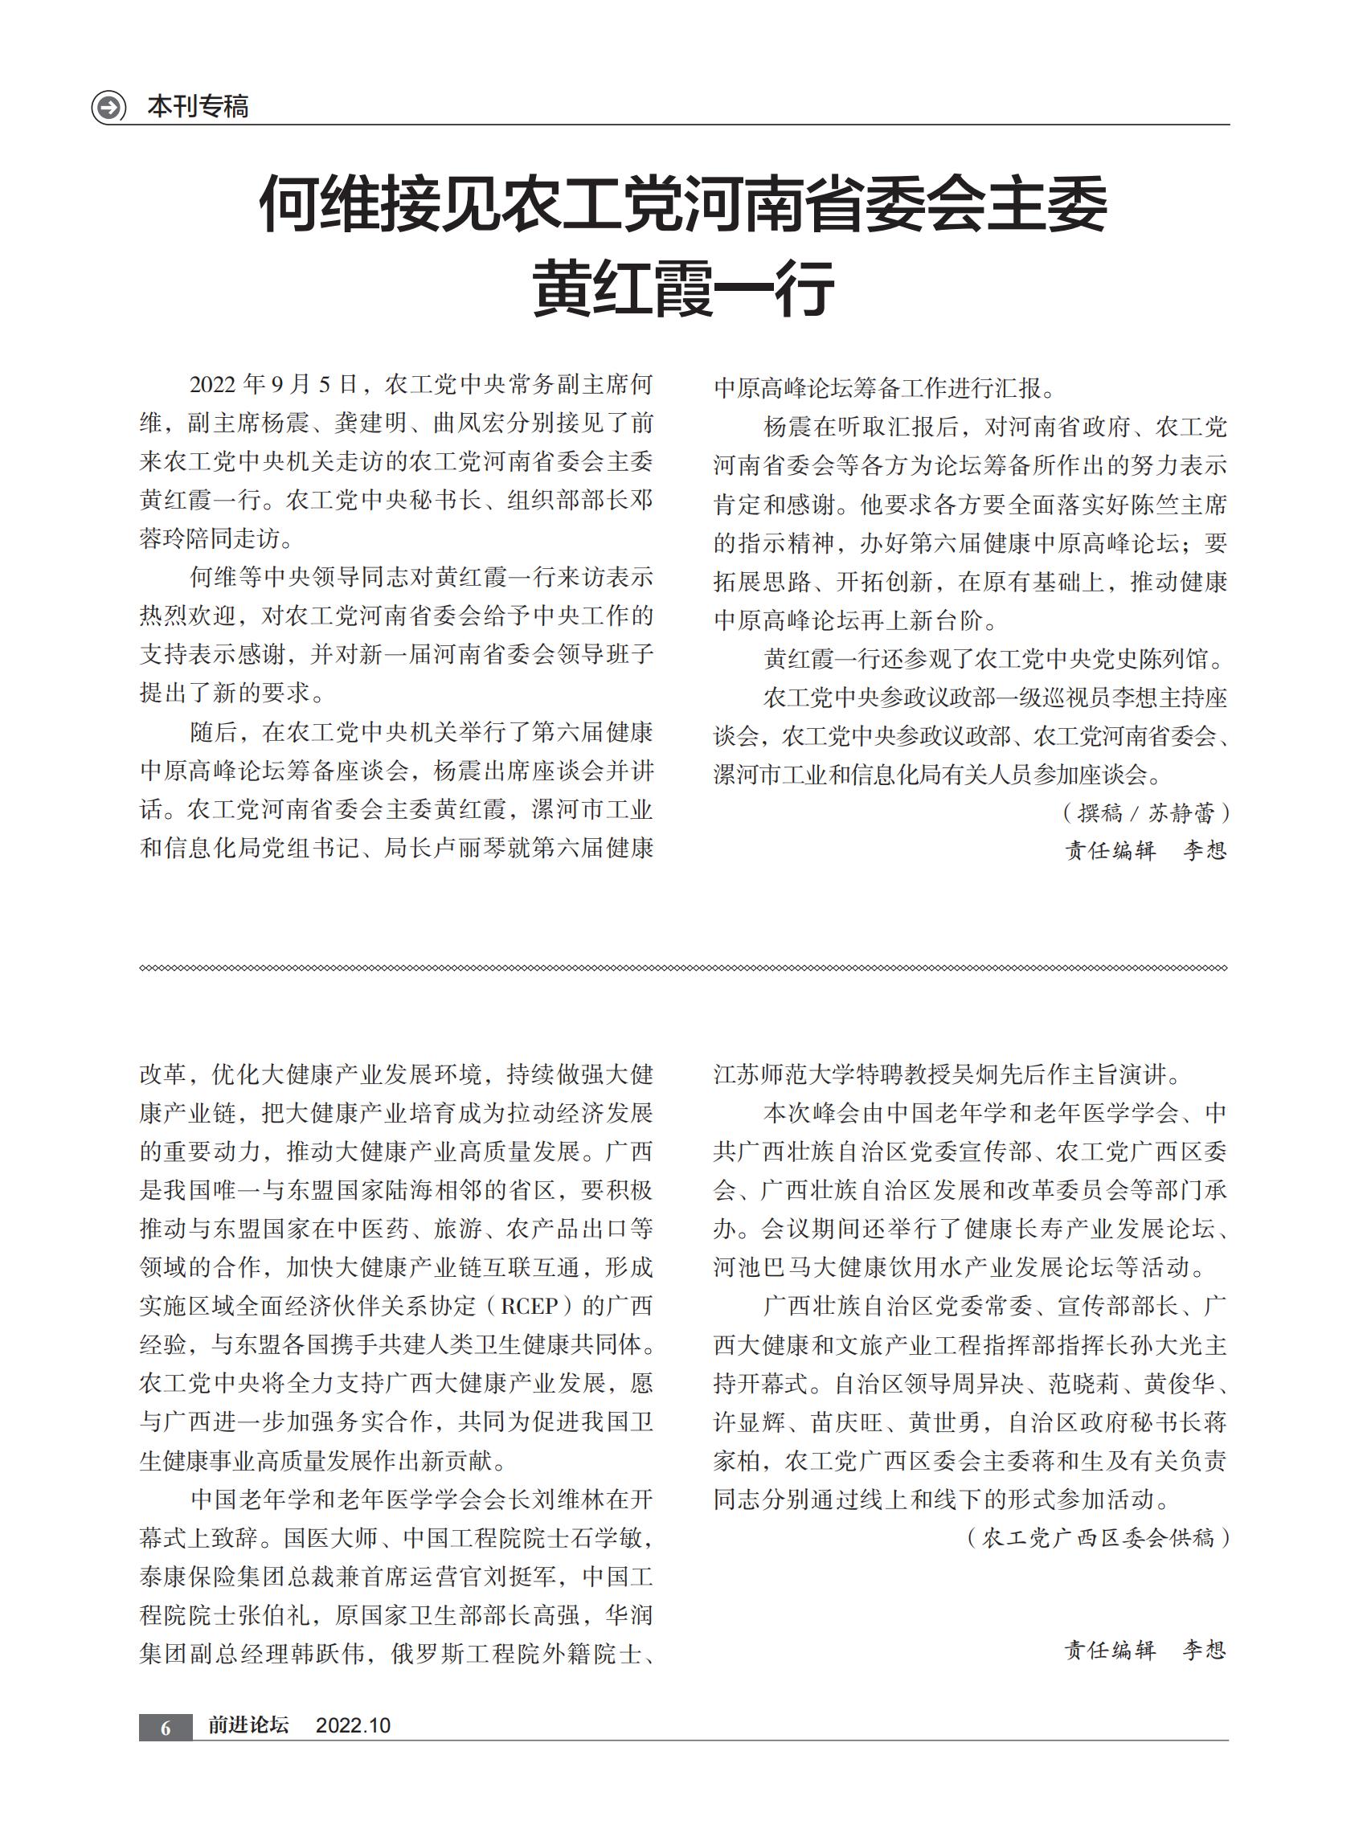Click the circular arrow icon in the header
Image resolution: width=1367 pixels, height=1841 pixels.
[x=108, y=108]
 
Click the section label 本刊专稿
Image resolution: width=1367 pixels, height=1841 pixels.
[x=198, y=107]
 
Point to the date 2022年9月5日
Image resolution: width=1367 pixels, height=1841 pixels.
[x=274, y=385]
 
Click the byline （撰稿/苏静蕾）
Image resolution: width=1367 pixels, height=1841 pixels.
[x=1145, y=813]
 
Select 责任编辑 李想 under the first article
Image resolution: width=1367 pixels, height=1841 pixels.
[x=1145, y=850]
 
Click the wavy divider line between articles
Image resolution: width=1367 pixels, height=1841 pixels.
[x=682, y=968]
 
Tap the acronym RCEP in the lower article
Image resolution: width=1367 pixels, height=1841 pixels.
[x=530, y=1307]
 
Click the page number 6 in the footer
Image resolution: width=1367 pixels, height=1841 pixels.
[x=166, y=1728]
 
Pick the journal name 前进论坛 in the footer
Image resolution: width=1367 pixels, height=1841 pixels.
[x=248, y=1725]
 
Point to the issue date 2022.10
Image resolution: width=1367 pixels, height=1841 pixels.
[x=354, y=1726]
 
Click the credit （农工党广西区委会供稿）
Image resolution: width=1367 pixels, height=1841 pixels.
[x=1097, y=1538]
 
